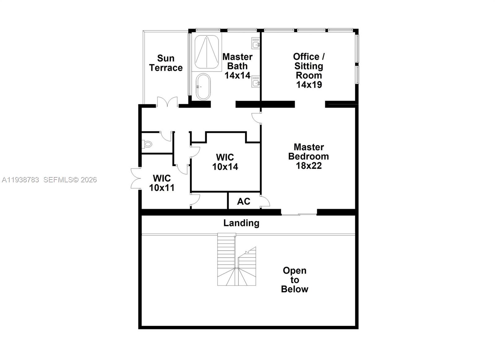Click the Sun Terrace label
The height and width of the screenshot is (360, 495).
coord(166,63)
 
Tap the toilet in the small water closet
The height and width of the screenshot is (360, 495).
coord(148,144)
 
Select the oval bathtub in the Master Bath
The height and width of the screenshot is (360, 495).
coord(203,87)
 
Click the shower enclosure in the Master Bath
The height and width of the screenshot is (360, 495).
coord(206,52)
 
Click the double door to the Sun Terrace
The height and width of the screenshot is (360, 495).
coord(167,102)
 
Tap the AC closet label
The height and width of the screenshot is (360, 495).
coord(243,202)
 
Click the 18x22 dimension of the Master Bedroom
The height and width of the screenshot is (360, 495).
coord(309,166)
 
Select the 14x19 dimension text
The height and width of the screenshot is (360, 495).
coord(309,85)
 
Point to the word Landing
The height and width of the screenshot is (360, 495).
coord(241,223)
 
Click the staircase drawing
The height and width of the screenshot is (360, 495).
coord(237,260)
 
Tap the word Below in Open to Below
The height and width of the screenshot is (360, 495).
coord(295,289)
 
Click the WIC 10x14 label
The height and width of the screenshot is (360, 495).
coord(225,162)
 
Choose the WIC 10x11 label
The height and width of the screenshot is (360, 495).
coord(162,183)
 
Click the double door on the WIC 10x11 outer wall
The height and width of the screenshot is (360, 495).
coord(136,179)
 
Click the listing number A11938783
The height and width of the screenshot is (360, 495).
coord(20,180)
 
